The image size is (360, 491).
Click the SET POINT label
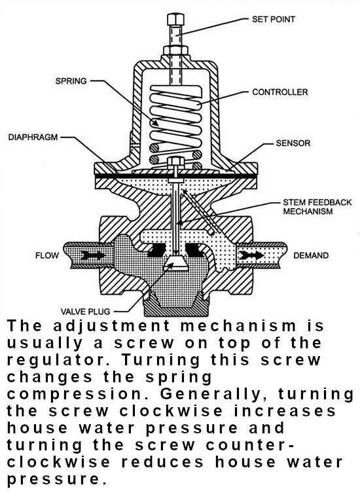tap(273, 20)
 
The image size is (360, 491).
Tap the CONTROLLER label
tap(279, 92)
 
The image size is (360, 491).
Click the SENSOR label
tap(293, 143)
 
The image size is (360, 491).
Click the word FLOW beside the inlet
tap(47, 255)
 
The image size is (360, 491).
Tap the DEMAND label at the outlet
tap(310, 255)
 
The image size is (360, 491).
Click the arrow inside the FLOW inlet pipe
tap(93, 255)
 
